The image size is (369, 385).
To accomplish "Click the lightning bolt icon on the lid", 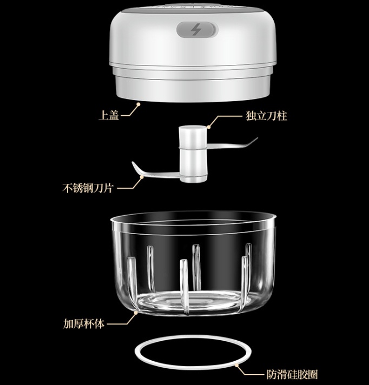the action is point(196,30).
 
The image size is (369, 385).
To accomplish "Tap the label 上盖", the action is point(109,115).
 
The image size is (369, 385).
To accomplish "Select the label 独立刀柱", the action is point(266,116).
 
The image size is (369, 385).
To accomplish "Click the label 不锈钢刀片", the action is point(88,188).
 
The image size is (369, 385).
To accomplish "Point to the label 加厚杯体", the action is point(84,323).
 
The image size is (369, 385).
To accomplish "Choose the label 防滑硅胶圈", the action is point(292,374).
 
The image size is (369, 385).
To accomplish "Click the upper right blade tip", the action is point(256,138).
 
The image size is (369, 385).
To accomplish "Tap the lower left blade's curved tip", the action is point(133,163).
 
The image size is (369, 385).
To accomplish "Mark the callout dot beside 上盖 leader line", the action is point(139,104).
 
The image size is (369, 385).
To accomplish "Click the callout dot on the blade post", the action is point(209,127).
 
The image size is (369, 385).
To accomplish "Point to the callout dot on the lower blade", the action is point(142,176).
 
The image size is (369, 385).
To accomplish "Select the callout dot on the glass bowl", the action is point(136,313).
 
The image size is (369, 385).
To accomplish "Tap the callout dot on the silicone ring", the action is point(237,366).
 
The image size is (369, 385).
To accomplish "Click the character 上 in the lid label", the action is point(103,115).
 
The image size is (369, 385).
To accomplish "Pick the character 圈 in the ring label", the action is point(313,374).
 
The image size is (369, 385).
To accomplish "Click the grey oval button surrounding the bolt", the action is point(197,30).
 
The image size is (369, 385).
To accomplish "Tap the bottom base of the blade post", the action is point(194,178).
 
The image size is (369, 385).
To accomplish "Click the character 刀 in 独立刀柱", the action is point(272,116).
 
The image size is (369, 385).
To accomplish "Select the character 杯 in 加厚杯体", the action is point(89,323).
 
